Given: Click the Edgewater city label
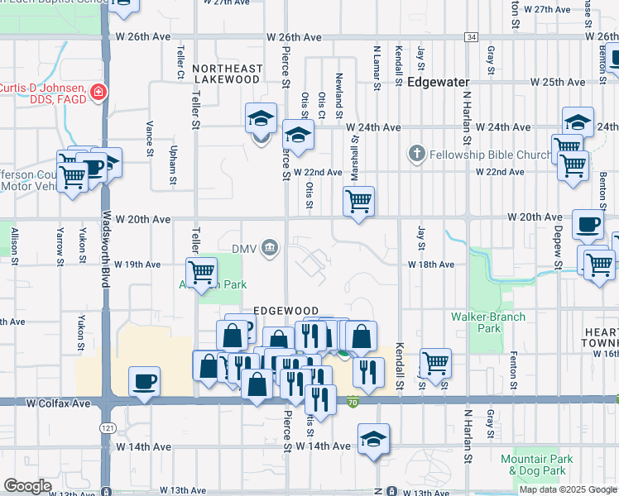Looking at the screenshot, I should (x=438, y=83).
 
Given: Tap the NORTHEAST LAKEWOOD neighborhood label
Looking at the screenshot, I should (x=227, y=74).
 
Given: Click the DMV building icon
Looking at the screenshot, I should (x=270, y=247).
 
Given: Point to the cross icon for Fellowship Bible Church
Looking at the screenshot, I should (x=416, y=154).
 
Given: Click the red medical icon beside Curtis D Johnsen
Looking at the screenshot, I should (x=99, y=91).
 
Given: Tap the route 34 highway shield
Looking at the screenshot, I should (x=471, y=37).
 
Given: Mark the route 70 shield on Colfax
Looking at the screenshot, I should (x=353, y=403).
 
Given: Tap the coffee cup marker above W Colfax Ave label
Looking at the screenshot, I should (x=145, y=381).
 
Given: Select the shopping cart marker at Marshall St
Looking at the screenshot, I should (x=358, y=201).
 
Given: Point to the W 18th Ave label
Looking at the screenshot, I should (x=430, y=265).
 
